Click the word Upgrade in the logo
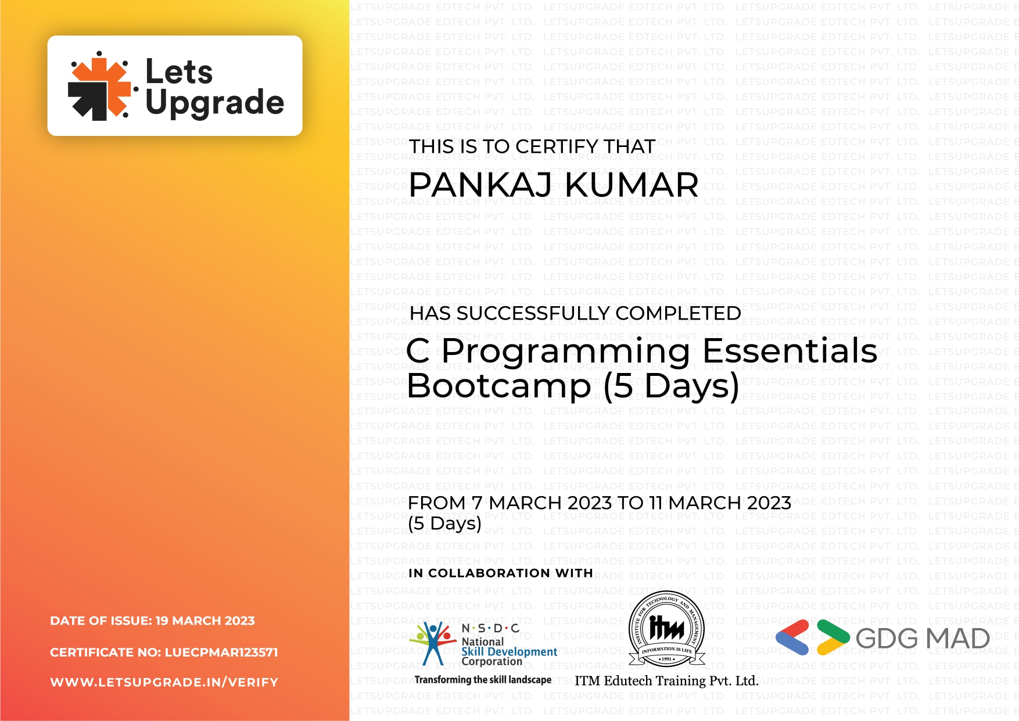[x=214, y=103]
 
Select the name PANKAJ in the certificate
[x=480, y=185]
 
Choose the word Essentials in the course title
[x=790, y=351]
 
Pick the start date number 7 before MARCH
[x=477, y=503]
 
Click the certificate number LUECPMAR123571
[x=221, y=652]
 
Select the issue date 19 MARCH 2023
[x=205, y=621]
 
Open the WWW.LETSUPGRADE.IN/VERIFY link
[x=164, y=683]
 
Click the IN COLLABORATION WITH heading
[x=500, y=573]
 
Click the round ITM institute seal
[x=666, y=629]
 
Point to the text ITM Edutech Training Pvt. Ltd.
[x=666, y=681]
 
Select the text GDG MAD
[x=923, y=639]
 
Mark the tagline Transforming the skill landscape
[x=483, y=680]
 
